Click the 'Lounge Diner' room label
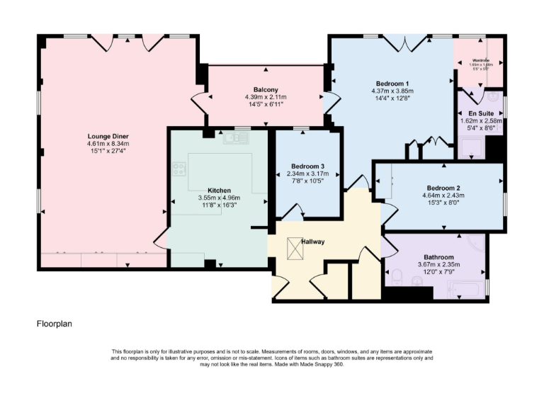pyautogui.click(x=108, y=136)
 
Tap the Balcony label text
pyautogui.click(x=265, y=89)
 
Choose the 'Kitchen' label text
pyautogui.click(x=219, y=191)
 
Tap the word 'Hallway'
pyautogui.click(x=312, y=242)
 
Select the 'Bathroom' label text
pyautogui.click(x=438, y=257)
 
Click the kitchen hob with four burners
pyautogui.click(x=178, y=169)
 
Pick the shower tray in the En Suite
pyautogui.click(x=472, y=147)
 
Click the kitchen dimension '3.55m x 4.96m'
pyautogui.click(x=219, y=198)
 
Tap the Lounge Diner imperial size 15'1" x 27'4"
pyautogui.click(x=108, y=152)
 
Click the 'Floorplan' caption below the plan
pyautogui.click(x=55, y=324)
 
